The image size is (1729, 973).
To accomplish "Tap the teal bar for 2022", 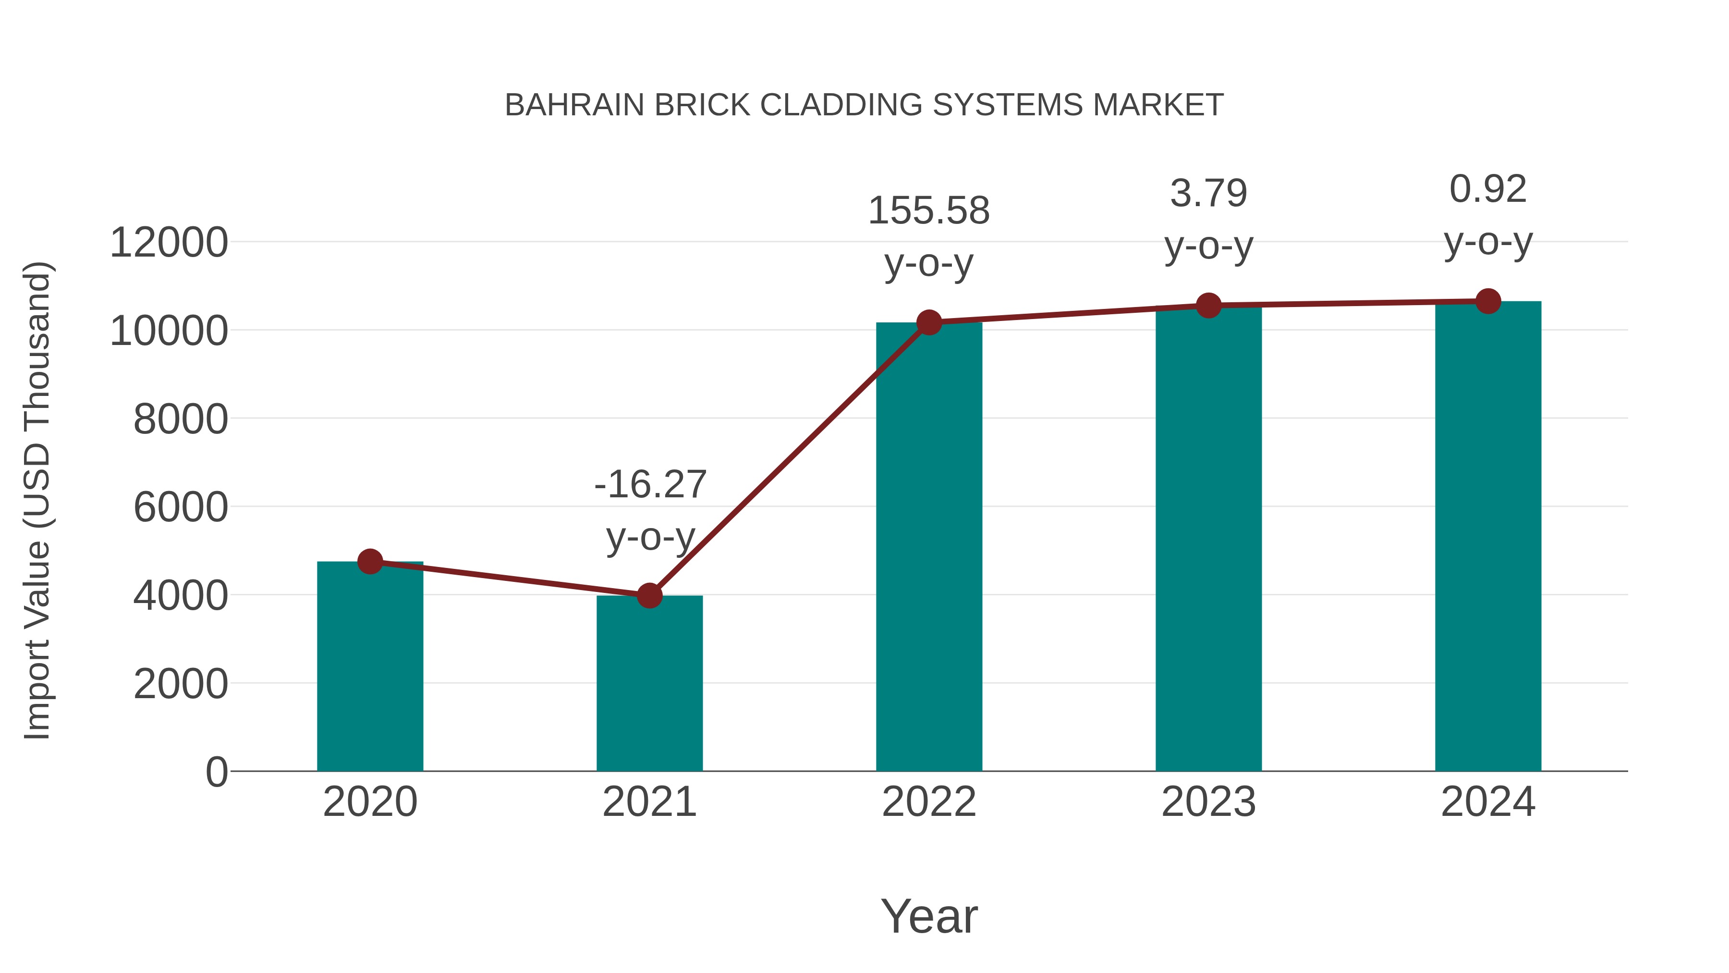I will click(929, 547).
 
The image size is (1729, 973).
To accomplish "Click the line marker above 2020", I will click(370, 561).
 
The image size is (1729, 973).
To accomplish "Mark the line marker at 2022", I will click(929, 323).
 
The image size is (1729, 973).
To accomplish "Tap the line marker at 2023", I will click(1208, 306).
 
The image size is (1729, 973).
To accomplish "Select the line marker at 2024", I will click(1488, 301).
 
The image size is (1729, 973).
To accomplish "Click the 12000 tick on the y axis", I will click(169, 243).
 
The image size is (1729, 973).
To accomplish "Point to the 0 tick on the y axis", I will click(216, 772).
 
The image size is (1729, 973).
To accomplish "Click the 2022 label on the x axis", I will click(929, 802).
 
